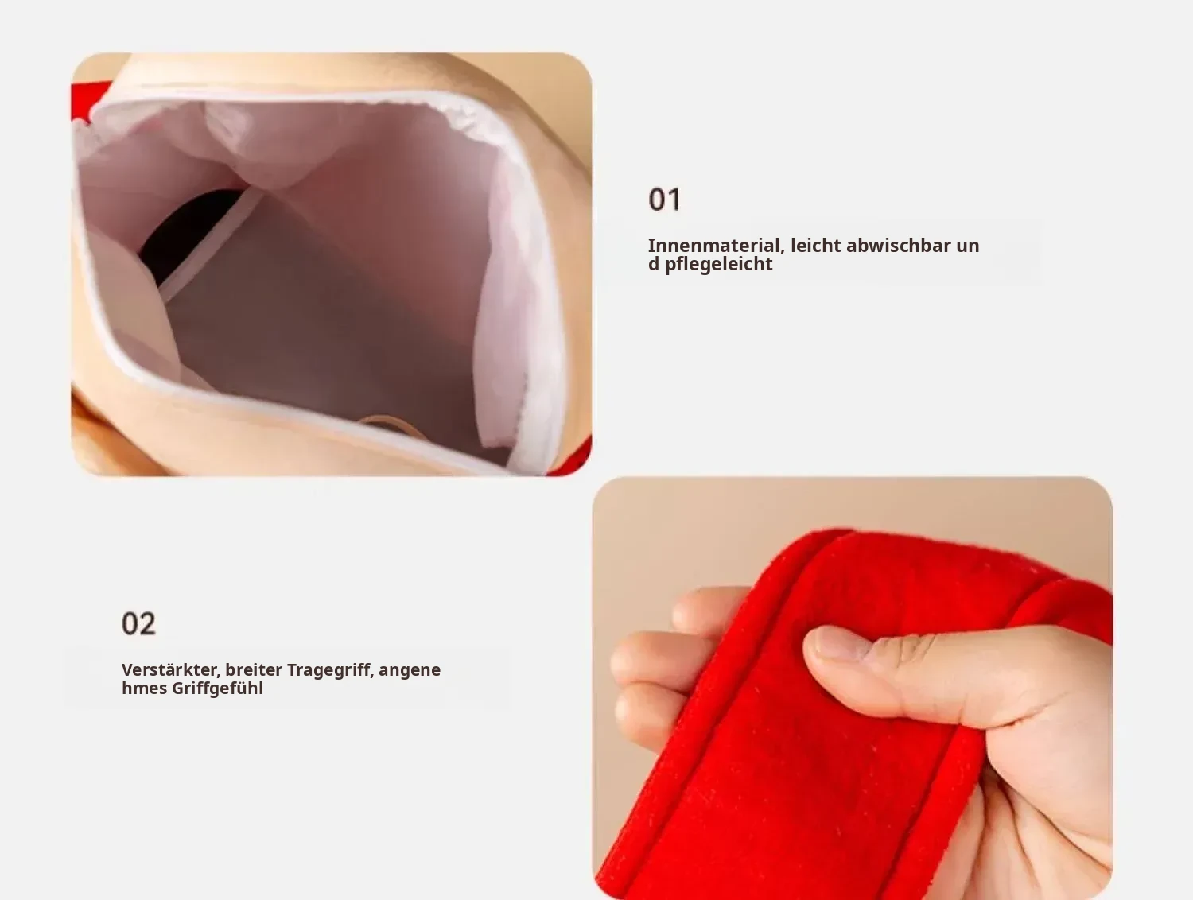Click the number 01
[664, 200]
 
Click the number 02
[138, 623]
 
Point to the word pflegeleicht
[718, 265]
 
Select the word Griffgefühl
[217, 689]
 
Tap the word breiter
[254, 669]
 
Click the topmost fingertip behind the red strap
[706, 607]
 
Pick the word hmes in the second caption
[144, 689]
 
